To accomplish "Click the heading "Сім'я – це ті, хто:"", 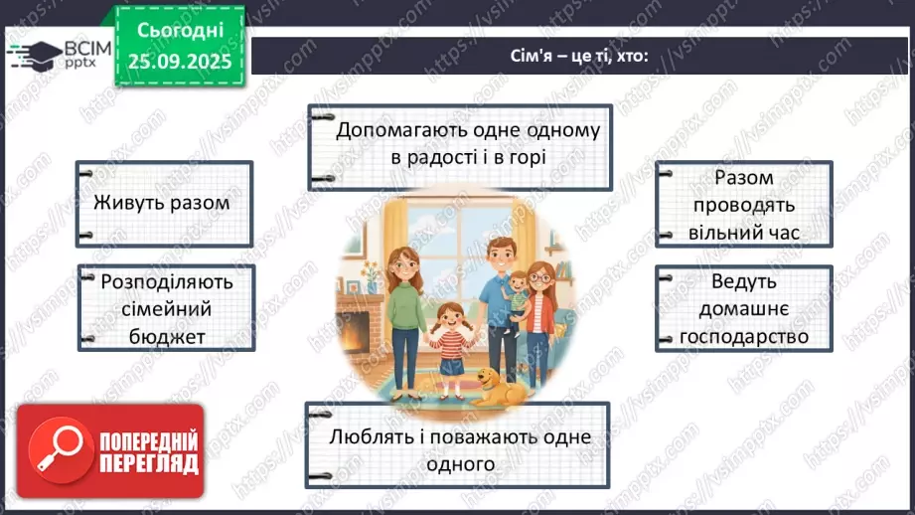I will pyautogui.click(x=575, y=56).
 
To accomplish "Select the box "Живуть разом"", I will pyautogui.click(x=162, y=203).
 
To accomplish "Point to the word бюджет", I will pyautogui.click(x=167, y=336).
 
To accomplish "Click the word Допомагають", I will pyautogui.click(x=401, y=131).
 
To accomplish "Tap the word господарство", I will pyautogui.click(x=744, y=336).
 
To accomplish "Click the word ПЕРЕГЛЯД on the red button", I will pyautogui.click(x=148, y=463).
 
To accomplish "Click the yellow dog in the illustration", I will pyautogui.click(x=493, y=386).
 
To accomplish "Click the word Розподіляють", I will pyautogui.click(x=167, y=281).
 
